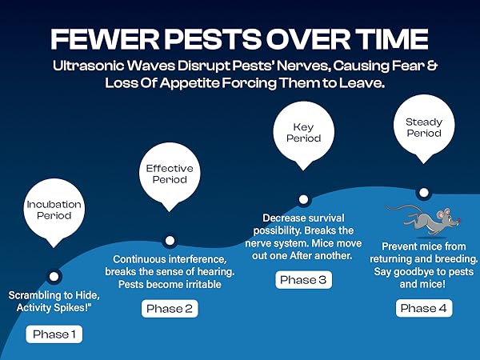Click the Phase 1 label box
[x=54, y=334]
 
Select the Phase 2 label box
[x=170, y=308]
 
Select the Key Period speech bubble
[x=303, y=133]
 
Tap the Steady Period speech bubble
[x=424, y=128]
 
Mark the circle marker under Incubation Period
[x=54, y=277]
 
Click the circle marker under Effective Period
[x=169, y=239]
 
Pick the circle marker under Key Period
[x=303, y=199]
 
